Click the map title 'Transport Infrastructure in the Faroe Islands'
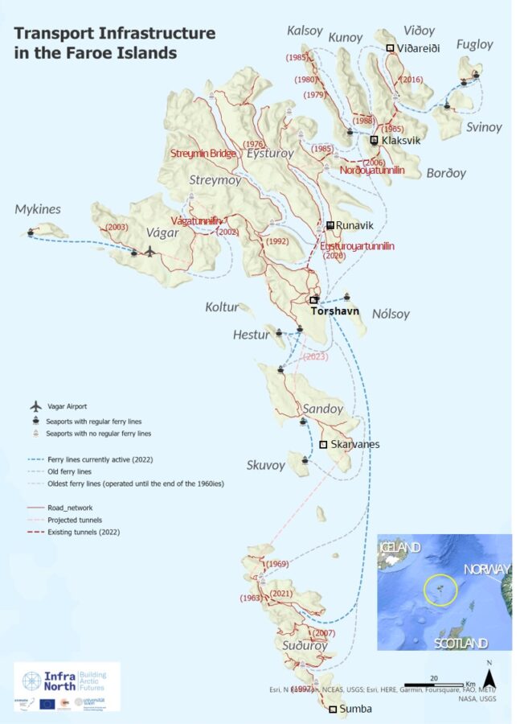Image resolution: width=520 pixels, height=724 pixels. (x=115, y=43)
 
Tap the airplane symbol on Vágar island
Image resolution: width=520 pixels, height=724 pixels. (x=149, y=252)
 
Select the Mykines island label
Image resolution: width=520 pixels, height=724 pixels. (x=38, y=210)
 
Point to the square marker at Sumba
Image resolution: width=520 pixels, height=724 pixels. (x=333, y=710)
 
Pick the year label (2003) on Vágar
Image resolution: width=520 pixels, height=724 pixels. (x=117, y=228)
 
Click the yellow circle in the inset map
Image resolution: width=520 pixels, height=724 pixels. (x=440, y=591)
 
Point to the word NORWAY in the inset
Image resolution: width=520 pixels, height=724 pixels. (x=487, y=570)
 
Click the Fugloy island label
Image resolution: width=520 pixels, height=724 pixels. (x=474, y=45)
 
